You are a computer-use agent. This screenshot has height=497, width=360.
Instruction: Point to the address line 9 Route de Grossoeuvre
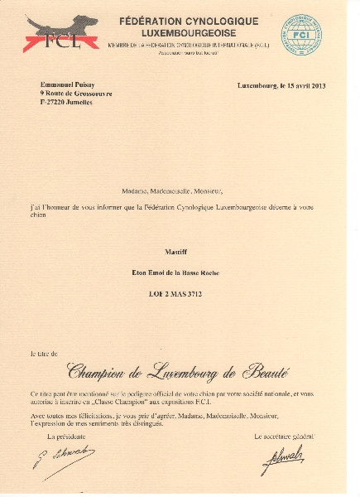(77, 94)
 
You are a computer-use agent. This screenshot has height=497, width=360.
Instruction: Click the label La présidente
(67, 435)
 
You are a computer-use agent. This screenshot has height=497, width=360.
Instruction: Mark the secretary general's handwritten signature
(286, 457)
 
